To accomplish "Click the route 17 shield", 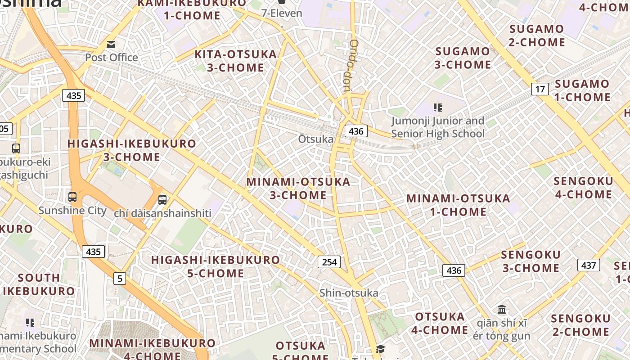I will [x=540, y=89].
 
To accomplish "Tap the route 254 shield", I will [x=329, y=261].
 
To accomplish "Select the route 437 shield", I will [x=589, y=265].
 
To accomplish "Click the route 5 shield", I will [x=119, y=279].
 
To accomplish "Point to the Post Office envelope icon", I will [x=111, y=44].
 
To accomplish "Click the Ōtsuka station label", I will [x=315, y=139].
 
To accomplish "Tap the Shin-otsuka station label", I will [x=349, y=293].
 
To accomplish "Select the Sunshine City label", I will [x=72, y=210].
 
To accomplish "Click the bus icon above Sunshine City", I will [x=72, y=197].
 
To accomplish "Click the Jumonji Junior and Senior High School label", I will [x=437, y=127].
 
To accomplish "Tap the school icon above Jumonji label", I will [x=437, y=107].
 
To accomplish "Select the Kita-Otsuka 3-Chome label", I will [x=235, y=61].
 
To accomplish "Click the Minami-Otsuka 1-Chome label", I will [x=458, y=205].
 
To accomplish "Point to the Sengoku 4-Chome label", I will [x=583, y=188].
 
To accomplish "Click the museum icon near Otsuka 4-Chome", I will [x=502, y=309].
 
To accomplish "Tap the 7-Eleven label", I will [x=282, y=13].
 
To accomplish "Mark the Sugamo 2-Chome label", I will [x=536, y=36].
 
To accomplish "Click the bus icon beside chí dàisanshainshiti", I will [x=162, y=199].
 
